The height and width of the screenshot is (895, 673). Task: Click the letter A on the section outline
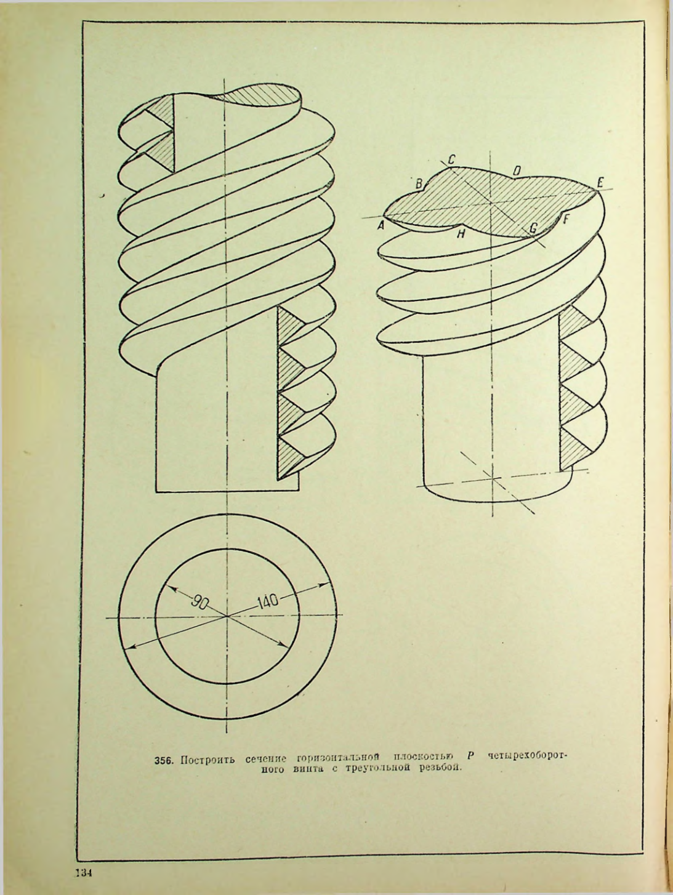381,226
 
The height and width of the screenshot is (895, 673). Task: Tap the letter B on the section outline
418,183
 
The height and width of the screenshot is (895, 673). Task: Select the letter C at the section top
451,159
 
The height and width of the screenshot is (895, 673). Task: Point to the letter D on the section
517,170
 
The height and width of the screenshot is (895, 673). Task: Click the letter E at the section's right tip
600,182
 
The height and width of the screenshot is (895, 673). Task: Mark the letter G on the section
533,228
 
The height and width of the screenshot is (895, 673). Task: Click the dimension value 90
198,603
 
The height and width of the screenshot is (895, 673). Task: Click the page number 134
84,872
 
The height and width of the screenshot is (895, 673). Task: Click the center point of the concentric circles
227,616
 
